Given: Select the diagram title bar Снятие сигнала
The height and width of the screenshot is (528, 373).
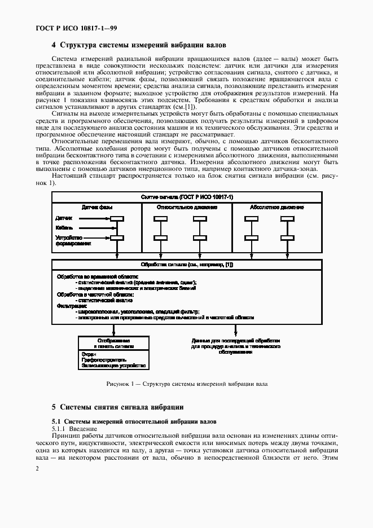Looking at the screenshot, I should (186, 196).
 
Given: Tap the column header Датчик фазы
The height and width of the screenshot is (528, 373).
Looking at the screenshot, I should (97, 207).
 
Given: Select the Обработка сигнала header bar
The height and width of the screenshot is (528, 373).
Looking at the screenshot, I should (186, 264).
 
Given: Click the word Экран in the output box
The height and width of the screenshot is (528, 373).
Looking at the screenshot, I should (89, 354).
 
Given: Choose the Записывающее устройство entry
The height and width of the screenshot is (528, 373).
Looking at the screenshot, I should (109, 366).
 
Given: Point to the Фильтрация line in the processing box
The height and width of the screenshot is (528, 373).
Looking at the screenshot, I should (69, 306).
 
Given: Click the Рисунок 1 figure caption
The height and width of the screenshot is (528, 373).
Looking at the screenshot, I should (186, 384).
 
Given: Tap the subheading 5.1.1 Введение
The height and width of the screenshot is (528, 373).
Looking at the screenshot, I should (74, 429).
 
